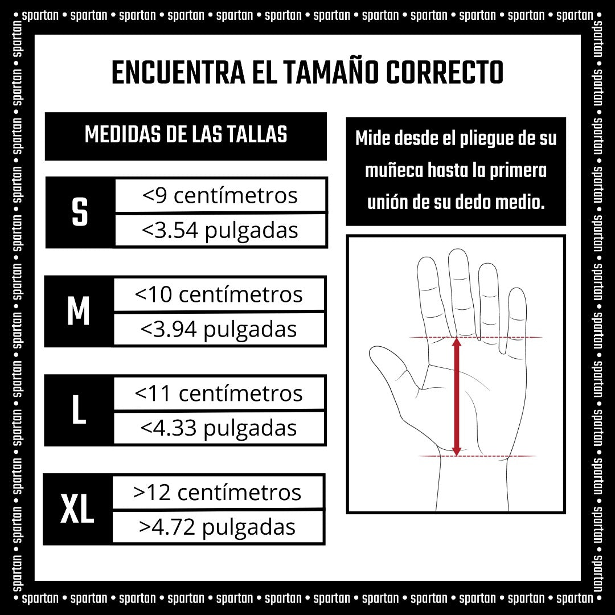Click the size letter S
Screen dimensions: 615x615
point(80,212)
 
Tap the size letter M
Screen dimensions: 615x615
point(79,311)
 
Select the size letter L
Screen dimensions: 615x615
point(79,410)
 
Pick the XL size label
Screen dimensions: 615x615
point(77,509)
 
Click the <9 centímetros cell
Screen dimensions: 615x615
point(220,195)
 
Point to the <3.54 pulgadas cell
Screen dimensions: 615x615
point(220,230)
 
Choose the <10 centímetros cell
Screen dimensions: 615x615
point(219,294)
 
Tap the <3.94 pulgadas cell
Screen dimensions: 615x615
point(219,329)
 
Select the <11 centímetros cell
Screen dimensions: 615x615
point(219,393)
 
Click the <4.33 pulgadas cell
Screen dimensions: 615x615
point(219,428)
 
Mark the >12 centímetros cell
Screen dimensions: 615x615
point(218,492)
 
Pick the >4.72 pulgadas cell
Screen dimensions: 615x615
point(218,527)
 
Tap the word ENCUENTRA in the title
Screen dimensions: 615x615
point(179,72)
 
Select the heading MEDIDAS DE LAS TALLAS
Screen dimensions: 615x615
point(186,134)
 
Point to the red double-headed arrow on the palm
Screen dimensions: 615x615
point(456,396)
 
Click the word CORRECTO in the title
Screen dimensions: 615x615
point(445,72)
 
